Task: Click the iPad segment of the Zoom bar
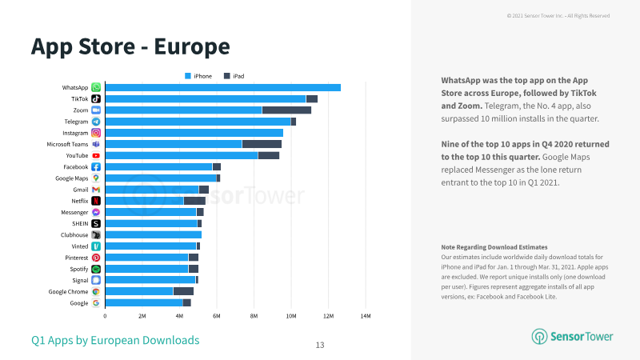click(x=286, y=110)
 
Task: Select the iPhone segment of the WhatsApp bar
click(x=223, y=87)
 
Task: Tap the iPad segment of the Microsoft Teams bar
click(x=262, y=144)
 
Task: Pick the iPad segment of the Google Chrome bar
click(x=183, y=291)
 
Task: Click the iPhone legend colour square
click(x=188, y=76)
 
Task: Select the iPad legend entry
click(x=234, y=76)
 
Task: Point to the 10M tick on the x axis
click(x=291, y=316)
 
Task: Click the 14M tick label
click(x=366, y=316)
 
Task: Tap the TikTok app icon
click(x=96, y=98)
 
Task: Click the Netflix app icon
click(x=96, y=201)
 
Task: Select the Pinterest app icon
click(x=96, y=258)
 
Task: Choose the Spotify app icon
click(x=96, y=269)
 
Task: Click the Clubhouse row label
click(x=74, y=235)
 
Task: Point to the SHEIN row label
click(x=80, y=224)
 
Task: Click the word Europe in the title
click(x=192, y=46)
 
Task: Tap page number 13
click(x=320, y=346)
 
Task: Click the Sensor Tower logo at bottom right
click(x=572, y=336)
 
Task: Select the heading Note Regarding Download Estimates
click(x=494, y=247)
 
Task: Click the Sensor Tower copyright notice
click(x=558, y=16)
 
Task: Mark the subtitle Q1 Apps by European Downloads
click(x=115, y=341)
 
